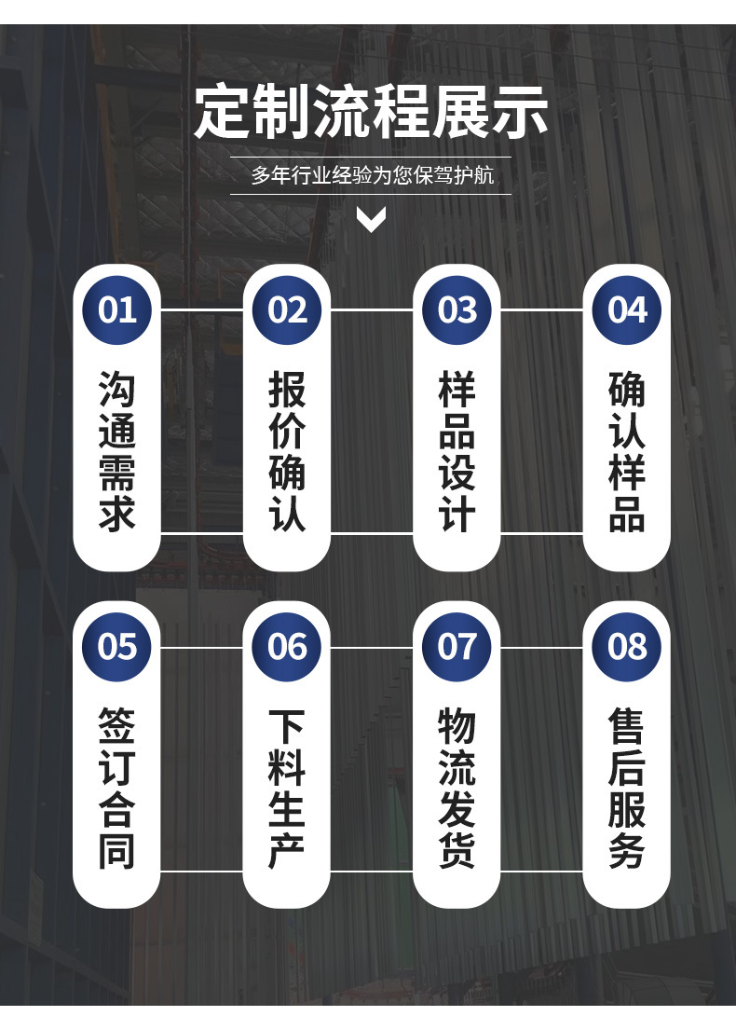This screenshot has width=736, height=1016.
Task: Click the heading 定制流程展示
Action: click(371, 112)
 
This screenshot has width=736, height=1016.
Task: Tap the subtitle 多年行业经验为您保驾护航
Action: click(371, 175)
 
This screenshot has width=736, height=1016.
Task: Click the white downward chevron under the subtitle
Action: click(371, 220)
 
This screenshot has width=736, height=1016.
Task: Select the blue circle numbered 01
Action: click(117, 309)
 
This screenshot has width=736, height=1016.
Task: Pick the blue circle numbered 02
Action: click(287, 309)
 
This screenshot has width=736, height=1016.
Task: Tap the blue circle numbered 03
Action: click(457, 309)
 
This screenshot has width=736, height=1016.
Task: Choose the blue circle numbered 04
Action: click(626, 309)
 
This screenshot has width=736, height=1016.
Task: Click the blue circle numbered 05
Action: click(117, 646)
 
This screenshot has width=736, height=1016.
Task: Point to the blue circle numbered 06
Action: click(287, 646)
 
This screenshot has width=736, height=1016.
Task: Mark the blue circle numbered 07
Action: click(457, 646)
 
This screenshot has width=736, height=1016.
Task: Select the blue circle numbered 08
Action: click(626, 646)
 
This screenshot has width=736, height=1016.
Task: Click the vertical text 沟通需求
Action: click(117, 451)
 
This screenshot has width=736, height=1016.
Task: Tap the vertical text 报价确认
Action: click(287, 451)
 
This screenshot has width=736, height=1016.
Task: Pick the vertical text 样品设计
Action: click(457, 451)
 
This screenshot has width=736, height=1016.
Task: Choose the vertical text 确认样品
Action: click(626, 451)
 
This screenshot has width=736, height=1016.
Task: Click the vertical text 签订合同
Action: click(117, 789)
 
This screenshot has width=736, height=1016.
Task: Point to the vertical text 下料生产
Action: click(287, 789)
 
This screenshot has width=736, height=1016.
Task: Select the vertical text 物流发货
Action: click(457, 789)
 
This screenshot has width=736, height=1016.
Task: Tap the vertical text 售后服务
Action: click(626, 789)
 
